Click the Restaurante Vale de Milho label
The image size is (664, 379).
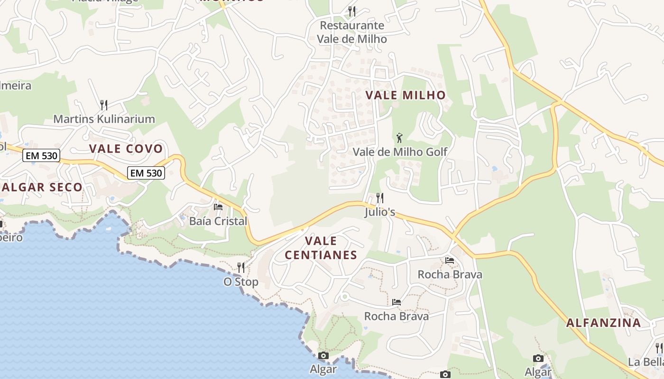[352, 32]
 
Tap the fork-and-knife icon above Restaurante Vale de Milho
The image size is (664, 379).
[352, 11]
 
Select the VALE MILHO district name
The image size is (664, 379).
[406, 95]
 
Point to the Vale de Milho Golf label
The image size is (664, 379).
[400, 152]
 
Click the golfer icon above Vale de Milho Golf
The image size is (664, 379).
[400, 138]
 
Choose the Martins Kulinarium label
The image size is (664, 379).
[104, 118]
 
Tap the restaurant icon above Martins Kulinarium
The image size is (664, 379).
[104, 105]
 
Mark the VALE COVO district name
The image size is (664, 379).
[126, 148]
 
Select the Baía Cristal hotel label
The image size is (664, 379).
[218, 221]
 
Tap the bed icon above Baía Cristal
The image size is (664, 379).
[218, 207]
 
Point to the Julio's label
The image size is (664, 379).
[380, 212]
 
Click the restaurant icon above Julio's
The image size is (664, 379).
[380, 198]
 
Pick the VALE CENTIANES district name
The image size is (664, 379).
[321, 248]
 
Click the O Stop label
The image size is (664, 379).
[241, 282]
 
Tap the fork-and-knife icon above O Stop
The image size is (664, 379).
[241, 268]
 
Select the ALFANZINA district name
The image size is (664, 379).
[604, 323]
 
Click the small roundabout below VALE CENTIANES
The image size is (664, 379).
[345, 297]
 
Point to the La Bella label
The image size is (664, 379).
[646, 362]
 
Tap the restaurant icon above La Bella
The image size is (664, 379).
[659, 348]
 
